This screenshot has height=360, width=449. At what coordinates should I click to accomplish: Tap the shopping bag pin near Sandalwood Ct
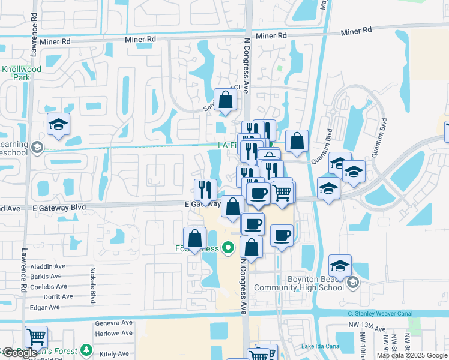point(225,100)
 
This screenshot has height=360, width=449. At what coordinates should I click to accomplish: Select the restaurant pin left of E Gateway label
point(205,190)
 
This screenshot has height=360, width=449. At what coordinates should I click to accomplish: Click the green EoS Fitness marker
point(228,247)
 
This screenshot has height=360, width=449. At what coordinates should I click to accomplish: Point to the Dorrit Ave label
point(46,296)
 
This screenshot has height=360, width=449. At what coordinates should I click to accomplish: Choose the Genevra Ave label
point(113,323)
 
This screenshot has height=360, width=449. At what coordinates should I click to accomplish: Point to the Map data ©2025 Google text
point(412,355)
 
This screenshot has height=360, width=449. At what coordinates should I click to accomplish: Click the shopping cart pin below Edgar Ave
point(36,337)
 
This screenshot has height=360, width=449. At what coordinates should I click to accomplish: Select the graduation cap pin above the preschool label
point(59,124)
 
